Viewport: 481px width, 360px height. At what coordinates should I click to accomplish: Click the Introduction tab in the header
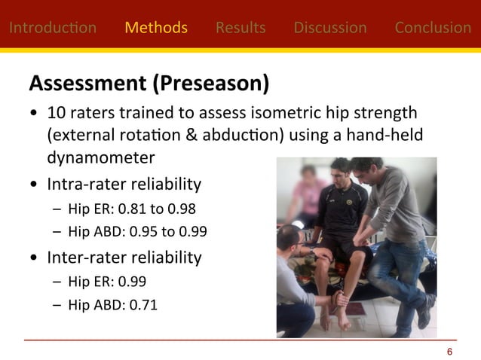(x=52, y=28)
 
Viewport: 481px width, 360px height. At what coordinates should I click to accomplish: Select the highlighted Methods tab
(x=156, y=28)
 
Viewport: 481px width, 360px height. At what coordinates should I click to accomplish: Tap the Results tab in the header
(x=240, y=28)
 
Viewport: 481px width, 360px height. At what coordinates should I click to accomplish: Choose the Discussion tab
(x=330, y=28)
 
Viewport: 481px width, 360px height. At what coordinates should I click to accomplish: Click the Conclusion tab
(x=433, y=28)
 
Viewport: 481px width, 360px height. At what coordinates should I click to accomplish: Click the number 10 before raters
(x=55, y=114)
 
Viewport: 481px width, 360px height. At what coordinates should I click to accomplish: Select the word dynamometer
(x=101, y=157)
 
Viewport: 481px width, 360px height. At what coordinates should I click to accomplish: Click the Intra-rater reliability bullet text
(x=124, y=185)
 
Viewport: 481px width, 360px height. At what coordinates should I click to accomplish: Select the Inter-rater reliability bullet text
(x=124, y=258)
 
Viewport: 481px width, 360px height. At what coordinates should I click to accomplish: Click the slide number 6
(x=449, y=352)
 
